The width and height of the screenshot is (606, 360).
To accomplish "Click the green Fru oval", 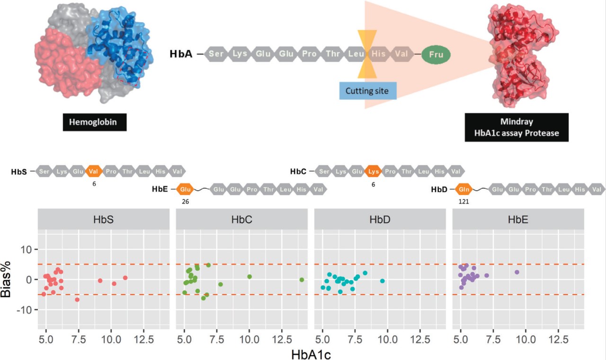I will pos(436,54).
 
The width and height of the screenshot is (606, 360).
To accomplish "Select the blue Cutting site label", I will pos(367,90).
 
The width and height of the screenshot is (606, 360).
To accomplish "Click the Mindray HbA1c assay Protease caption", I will pos(516,127).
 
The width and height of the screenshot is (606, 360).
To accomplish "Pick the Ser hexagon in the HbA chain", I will pos(216,54).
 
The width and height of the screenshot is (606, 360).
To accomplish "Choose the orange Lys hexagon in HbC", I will pos(373,171).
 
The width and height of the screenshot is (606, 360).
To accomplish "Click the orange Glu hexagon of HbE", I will pos(186,190).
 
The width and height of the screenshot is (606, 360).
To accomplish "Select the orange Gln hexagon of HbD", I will pos(464,190).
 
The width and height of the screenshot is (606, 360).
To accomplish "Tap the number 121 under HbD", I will pos(464,201).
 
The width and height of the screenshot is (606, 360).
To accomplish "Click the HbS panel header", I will pos(103,220).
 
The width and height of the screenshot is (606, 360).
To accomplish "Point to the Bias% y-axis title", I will pos(11,279).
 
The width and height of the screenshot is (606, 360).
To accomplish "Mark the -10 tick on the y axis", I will pos(25,310).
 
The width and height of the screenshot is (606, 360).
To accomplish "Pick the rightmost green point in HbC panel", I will pos(302,280).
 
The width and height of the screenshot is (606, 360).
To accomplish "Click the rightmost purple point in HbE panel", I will pos(517,272).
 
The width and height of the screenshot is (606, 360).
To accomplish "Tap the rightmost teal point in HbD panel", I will pos(383,281).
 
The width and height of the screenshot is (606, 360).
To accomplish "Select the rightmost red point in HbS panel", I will pos(125,278).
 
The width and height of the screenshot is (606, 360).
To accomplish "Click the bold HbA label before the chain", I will pos(181,54).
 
